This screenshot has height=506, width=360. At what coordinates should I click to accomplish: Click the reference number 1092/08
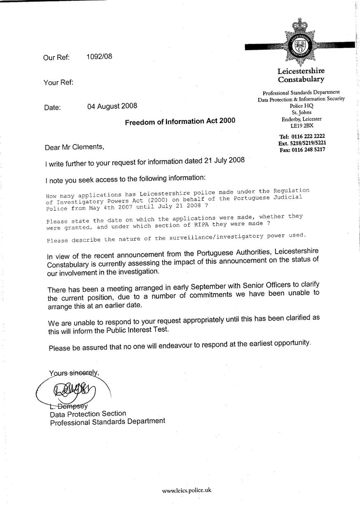pos(99,57)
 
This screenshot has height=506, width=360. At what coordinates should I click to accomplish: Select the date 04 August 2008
pos(112,106)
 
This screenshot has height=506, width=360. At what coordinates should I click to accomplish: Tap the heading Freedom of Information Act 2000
pos(180,121)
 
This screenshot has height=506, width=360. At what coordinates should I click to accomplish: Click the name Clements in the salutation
pos(84,146)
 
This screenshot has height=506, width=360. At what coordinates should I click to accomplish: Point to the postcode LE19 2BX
pos(302,126)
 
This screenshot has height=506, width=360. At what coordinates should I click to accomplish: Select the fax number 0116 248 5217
pos(308,150)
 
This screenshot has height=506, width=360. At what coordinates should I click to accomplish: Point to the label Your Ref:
pos(58,83)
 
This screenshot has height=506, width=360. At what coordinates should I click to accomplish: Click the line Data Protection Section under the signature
pos(88,413)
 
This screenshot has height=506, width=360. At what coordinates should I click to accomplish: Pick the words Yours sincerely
pos(74,373)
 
